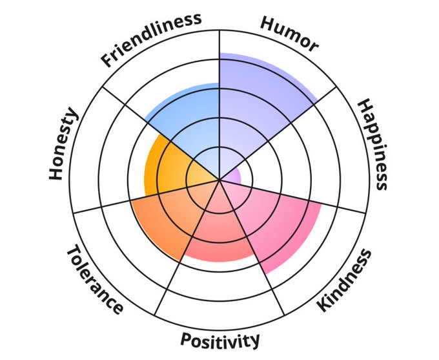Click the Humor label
289,33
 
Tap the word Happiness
373,144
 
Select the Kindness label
345,280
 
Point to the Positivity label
220,340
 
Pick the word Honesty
64,145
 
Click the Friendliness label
150,39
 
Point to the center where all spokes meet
219,179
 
